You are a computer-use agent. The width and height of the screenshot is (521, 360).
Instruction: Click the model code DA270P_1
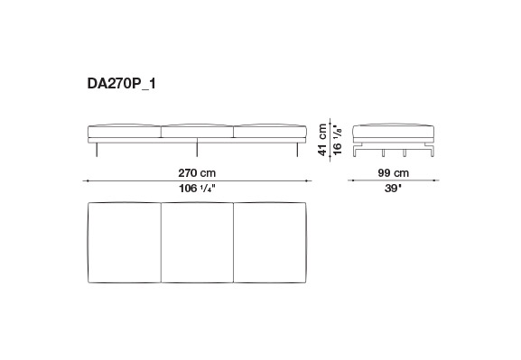click(x=121, y=84)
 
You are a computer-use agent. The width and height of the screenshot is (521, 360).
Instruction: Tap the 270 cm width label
click(x=197, y=173)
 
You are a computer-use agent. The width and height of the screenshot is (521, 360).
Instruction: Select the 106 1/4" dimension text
click(x=197, y=189)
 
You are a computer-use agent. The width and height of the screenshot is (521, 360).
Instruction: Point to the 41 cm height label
click(x=322, y=140)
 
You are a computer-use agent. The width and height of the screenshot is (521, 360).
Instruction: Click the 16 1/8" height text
click(x=338, y=140)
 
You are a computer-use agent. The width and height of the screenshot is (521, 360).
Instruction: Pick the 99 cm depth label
click(x=394, y=173)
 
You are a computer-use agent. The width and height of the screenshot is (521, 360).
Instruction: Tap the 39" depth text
click(x=393, y=189)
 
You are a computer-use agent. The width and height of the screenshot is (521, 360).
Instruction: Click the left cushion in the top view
click(x=125, y=243)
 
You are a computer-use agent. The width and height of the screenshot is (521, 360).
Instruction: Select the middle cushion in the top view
click(x=197, y=243)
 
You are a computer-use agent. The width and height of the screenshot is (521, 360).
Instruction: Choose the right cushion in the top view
click(x=270, y=243)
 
